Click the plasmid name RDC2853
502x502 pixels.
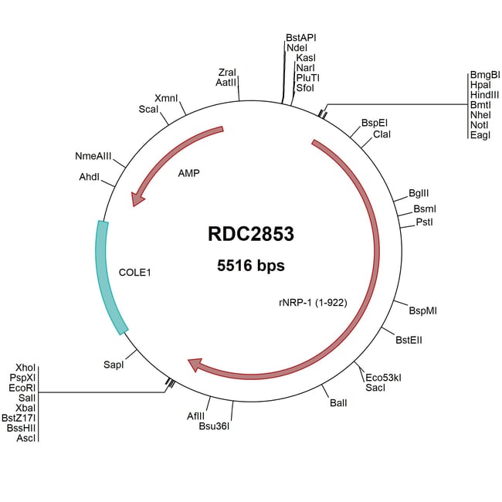coord(251,233)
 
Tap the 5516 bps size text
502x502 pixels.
coord(251,266)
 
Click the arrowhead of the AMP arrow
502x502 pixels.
coord(138,198)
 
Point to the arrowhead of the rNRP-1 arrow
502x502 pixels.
coord(195,363)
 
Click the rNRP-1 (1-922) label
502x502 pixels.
coord(312,303)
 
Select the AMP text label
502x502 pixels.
coord(188,173)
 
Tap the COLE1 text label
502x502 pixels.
coord(134,273)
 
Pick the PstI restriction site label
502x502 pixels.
coord(424,222)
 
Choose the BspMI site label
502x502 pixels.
coord(423,310)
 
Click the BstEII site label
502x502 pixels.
coord(409,339)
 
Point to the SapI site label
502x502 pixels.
coord(114,361)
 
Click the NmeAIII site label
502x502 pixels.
coord(93,156)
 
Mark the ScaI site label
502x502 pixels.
coord(148,109)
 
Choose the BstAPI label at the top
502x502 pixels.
coord(301,37)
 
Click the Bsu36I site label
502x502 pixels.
coord(215,425)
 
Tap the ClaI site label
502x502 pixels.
coord(382,134)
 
